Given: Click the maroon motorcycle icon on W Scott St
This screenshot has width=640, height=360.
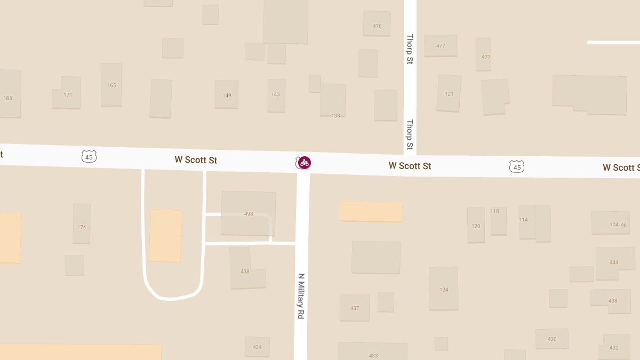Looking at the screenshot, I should point(305,163).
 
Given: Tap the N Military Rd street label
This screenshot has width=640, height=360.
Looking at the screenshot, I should point(301,297).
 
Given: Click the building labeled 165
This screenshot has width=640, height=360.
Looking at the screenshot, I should point(111,84).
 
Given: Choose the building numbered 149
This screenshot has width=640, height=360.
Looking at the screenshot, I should point(227,94).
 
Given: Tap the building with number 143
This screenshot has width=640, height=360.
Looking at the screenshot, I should point(276,95).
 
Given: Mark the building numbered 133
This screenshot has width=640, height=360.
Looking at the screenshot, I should point(333,101).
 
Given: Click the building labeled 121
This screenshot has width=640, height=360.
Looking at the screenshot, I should point(449,93).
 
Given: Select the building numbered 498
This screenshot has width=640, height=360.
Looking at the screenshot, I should point(248,213).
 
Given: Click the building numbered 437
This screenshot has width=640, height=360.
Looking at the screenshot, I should point(355,308).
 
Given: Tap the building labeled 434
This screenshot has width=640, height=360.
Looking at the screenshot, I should point(257,347).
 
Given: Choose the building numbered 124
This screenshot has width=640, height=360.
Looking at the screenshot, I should point(444,289).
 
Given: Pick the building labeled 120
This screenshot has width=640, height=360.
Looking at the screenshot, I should point(476,225).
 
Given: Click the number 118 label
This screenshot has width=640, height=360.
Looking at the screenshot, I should point(495,211).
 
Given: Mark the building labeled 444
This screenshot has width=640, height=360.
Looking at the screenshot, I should point(613,262).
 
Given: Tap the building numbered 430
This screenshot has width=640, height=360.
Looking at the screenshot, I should point(551,339).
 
